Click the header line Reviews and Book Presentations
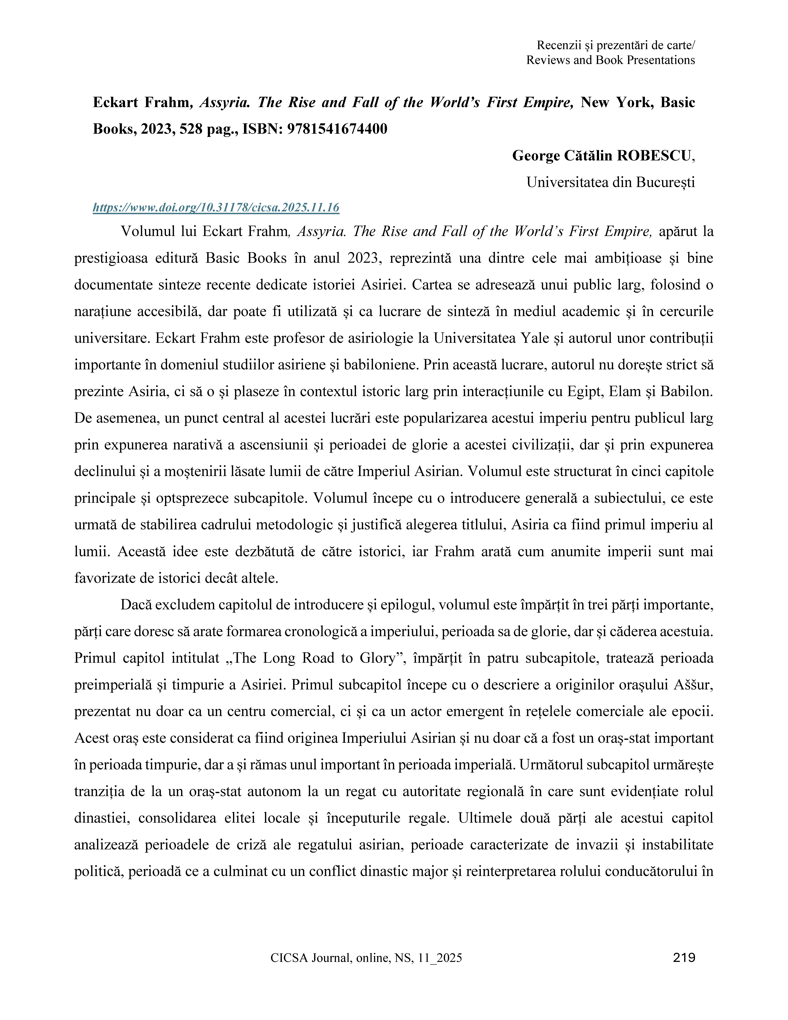pyautogui.click(x=611, y=60)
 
